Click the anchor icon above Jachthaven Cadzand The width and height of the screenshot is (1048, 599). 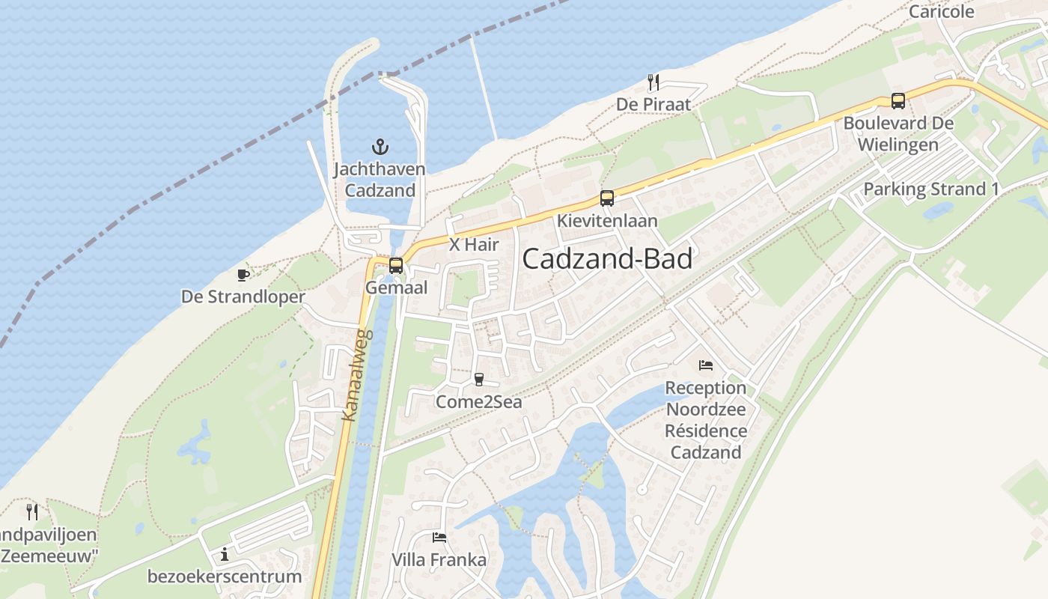click(380, 146)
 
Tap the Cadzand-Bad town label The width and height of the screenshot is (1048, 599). click(607, 259)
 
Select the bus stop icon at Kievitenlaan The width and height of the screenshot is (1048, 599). click(607, 198)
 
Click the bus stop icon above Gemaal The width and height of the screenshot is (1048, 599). click(396, 265)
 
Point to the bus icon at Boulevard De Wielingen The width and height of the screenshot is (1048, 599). click(898, 101)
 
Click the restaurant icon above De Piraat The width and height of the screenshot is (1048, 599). click(654, 82)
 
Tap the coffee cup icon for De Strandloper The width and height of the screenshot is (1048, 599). click(243, 275)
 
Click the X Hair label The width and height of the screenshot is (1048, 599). click(474, 245)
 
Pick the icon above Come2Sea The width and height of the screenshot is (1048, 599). click(479, 380)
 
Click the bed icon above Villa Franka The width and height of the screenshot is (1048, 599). click(439, 538)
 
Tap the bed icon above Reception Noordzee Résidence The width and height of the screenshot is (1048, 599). click(705, 365)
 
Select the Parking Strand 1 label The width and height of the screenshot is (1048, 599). click(930, 189)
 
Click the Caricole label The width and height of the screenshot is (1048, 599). click(941, 11)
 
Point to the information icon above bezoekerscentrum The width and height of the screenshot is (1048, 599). click(224, 555)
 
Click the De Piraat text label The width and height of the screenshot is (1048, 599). click(654, 104)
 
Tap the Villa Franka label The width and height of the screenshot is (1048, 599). click(439, 560)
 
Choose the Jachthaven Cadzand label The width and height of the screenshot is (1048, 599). click(380, 180)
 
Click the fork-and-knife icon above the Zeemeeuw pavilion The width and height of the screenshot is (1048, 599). click(32, 512)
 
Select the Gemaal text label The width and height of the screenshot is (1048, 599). click(396, 288)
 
